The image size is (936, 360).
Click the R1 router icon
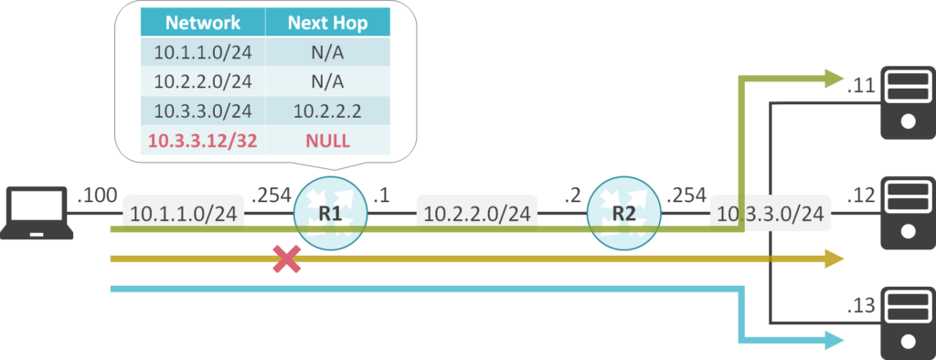click(330, 214)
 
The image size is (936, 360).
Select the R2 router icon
click(622, 214)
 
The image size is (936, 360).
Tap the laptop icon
click(37, 213)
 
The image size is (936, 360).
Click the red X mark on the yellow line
click(288, 259)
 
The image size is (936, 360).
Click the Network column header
click(203, 22)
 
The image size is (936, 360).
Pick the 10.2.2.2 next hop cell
click(327, 111)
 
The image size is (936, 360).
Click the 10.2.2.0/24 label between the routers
click(475, 215)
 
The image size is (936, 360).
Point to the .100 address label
click(97, 194)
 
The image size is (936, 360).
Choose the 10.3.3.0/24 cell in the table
click(203, 111)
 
